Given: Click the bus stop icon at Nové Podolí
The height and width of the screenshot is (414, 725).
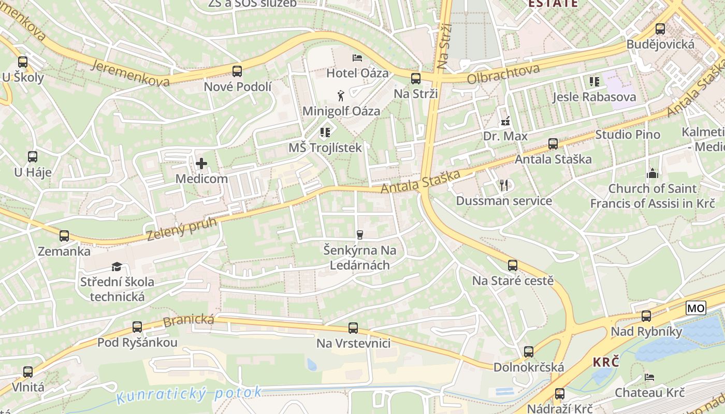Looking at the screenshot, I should coord(237,71).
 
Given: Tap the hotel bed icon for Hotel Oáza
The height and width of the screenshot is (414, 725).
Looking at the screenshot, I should coord(357,57).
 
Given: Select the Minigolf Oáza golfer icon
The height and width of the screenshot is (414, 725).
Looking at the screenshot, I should coord(341,95).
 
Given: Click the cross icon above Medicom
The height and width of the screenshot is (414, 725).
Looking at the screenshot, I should coord(201,164).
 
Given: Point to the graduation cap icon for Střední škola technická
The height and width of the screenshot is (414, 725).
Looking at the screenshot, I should coord(117,267).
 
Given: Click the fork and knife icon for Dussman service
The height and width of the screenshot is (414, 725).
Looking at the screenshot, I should coord(504,185).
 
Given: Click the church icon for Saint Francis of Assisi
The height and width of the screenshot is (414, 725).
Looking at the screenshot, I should coord(652,173).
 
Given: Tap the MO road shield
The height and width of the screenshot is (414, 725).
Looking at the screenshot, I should coord(695,308).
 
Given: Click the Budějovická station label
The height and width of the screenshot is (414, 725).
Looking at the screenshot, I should coord(660,45).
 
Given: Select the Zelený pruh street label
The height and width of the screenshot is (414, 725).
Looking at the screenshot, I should coord(174,228).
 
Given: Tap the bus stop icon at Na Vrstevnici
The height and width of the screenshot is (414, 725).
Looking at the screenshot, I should coord(353,328).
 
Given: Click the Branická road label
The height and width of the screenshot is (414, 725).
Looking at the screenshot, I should coord(189,320).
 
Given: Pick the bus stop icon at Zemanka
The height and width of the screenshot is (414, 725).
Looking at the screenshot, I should coord(64,236).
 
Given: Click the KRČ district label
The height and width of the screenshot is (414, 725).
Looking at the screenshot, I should coord(606,362).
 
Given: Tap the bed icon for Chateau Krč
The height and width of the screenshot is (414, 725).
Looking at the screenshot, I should coord(649,377).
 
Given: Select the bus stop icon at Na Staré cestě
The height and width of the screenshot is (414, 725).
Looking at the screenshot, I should coord(512,265).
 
